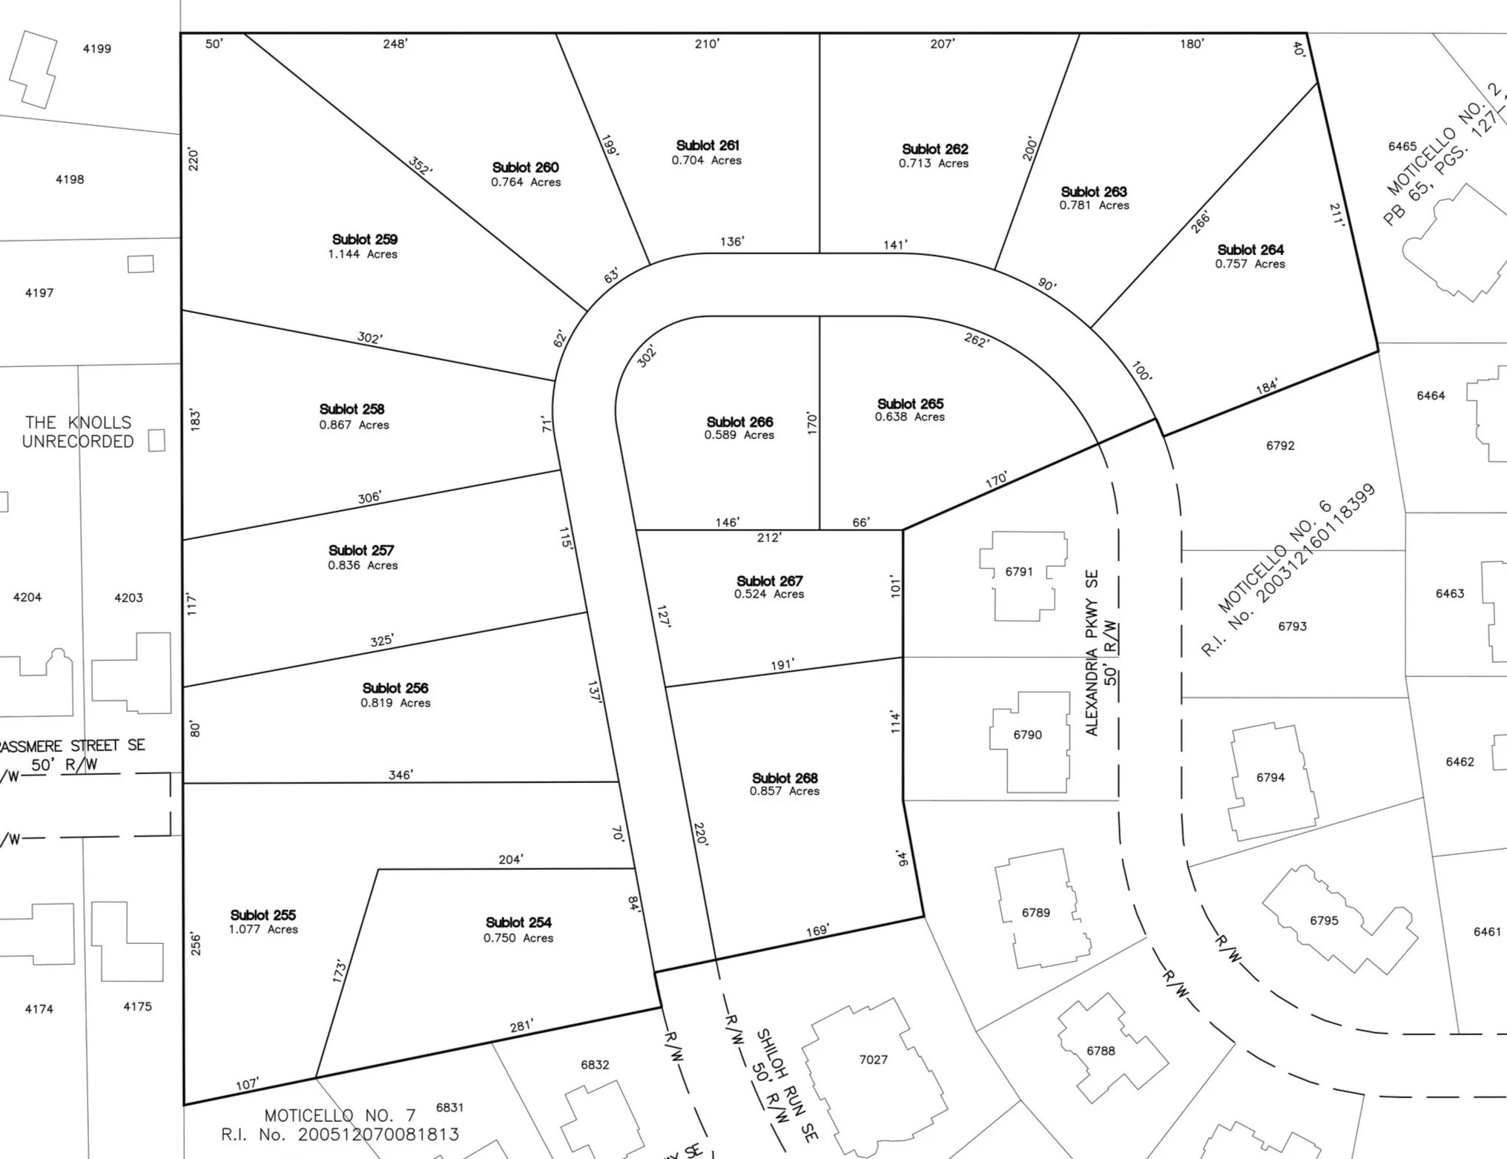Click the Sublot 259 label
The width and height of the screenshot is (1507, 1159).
(364, 240)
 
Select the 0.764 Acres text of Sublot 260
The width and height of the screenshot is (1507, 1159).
(525, 182)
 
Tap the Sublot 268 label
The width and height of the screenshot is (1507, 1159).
(784, 778)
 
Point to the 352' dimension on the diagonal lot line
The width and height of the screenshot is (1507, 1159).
(420, 165)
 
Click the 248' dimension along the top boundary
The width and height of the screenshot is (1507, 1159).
(395, 44)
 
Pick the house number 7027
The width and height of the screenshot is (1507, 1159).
(873, 1060)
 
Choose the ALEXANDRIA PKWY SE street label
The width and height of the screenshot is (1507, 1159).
(1092, 653)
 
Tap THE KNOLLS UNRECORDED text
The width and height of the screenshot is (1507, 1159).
(78, 432)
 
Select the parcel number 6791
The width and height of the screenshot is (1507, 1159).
(1018, 572)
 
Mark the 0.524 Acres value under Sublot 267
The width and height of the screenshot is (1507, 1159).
(769, 595)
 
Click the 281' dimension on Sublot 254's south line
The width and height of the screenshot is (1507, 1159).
(521, 1026)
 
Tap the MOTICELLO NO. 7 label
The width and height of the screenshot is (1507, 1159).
(340, 1115)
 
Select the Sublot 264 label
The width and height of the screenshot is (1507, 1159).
(1250, 250)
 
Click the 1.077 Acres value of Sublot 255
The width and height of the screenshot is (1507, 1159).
(263, 930)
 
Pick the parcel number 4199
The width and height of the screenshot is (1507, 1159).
(97, 49)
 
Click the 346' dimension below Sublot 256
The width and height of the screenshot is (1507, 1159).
(400, 775)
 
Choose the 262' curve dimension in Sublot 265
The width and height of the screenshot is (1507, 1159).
(976, 340)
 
